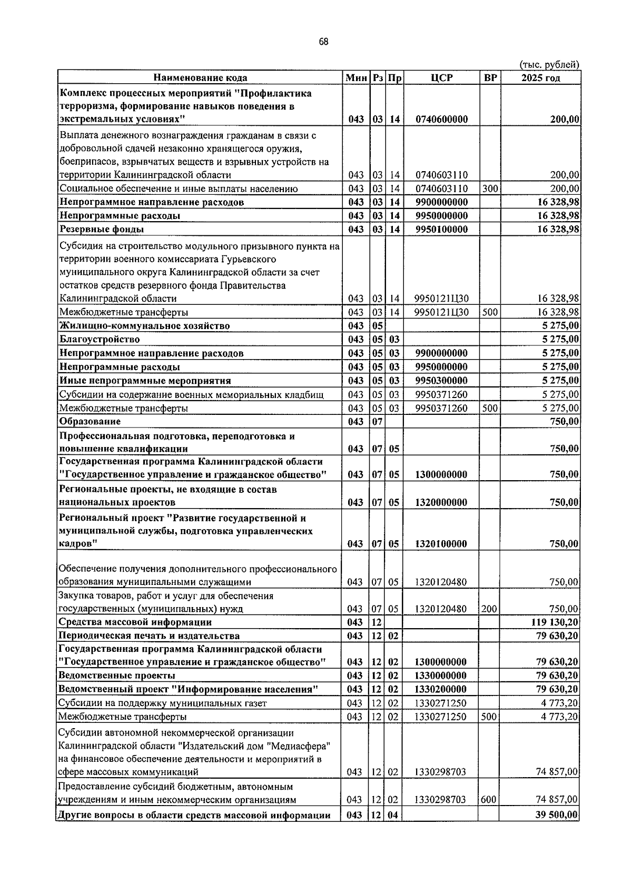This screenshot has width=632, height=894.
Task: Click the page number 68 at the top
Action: coord(323,42)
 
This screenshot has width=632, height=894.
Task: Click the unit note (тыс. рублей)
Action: coord(549,64)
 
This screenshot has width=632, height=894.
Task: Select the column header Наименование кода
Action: coord(200,78)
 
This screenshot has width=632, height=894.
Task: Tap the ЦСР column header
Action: coord(441,78)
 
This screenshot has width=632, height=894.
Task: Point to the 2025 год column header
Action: coord(540,78)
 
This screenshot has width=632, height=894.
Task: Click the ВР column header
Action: coord(490,78)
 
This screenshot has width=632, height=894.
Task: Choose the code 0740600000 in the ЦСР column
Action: coord(441,120)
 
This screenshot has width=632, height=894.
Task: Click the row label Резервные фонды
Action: coord(102,229)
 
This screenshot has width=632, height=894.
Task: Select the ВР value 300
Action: coord(490,188)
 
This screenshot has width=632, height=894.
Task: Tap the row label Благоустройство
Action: coord(100,339)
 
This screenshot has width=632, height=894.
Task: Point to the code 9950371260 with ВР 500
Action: coord(441,408)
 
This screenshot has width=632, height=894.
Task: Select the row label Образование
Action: coord(90,421)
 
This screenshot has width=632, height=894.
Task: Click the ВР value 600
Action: coord(489,799)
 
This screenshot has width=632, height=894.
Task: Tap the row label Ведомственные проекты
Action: coord(117,676)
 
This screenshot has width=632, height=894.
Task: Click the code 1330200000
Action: coord(441,689)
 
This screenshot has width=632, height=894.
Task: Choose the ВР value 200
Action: coord(489,609)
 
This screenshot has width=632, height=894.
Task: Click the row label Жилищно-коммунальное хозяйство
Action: coord(144,325)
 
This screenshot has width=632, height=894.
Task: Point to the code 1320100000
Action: coord(441,543)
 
